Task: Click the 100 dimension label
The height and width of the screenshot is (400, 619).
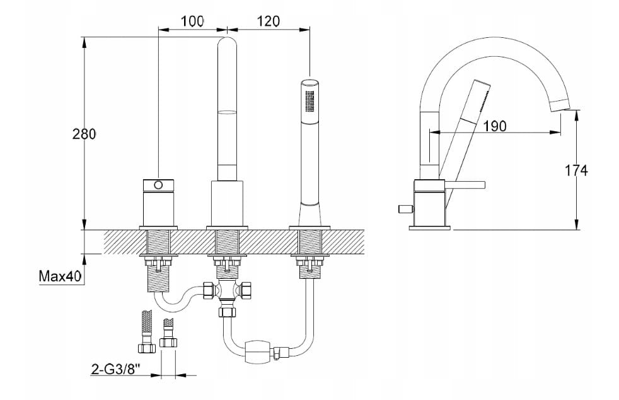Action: pyautogui.click(x=193, y=21)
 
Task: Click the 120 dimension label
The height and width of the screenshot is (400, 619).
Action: pyautogui.click(x=268, y=21)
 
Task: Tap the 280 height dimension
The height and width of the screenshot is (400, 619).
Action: pyautogui.click(x=84, y=134)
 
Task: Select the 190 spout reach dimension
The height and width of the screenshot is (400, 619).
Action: pyautogui.click(x=495, y=126)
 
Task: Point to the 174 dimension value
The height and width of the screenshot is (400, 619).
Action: pyautogui.click(x=576, y=171)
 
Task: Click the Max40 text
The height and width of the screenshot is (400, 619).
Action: pyautogui.click(x=60, y=276)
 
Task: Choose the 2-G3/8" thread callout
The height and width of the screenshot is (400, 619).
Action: pyautogui.click(x=116, y=369)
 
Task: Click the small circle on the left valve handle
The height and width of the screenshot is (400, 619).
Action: pyautogui.click(x=158, y=185)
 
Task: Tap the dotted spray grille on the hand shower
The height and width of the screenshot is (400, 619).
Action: pyautogui.click(x=310, y=101)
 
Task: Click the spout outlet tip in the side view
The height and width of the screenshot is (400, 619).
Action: pyautogui.click(x=560, y=105)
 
